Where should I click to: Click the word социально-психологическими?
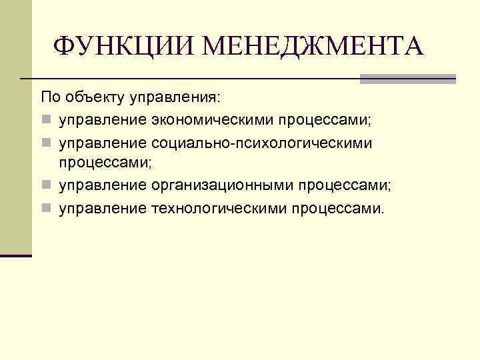tap(262, 143)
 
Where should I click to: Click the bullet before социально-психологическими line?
tap(45, 143)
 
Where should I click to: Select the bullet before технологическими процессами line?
tap(45, 209)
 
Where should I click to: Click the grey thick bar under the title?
tap(407, 79)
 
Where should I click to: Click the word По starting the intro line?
tap(51, 98)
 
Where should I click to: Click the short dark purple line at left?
tap(16, 256)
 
